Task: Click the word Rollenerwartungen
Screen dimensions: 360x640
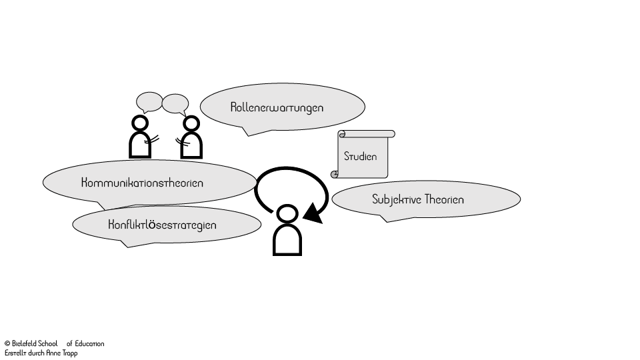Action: tap(277, 107)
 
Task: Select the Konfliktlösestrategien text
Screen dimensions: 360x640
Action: tap(162, 225)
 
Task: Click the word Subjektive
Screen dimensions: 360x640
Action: tap(396, 199)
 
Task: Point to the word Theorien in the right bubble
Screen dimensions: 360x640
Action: tap(444, 199)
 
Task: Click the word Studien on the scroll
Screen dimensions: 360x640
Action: tap(361, 157)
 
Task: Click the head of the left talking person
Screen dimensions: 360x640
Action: tap(140, 123)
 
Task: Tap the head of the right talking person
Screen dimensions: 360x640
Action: tap(191, 124)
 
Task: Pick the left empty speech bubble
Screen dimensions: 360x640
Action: tap(149, 102)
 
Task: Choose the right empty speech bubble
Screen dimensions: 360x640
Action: tap(175, 104)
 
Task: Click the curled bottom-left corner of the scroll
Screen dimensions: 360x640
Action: tap(335, 174)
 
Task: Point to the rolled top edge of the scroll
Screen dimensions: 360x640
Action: tap(367, 134)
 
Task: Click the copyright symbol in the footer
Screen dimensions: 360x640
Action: tap(7, 344)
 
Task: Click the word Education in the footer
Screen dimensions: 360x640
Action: tap(89, 344)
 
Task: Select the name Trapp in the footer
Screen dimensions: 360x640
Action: tap(69, 353)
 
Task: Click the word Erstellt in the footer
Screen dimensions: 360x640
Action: tap(15, 353)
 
